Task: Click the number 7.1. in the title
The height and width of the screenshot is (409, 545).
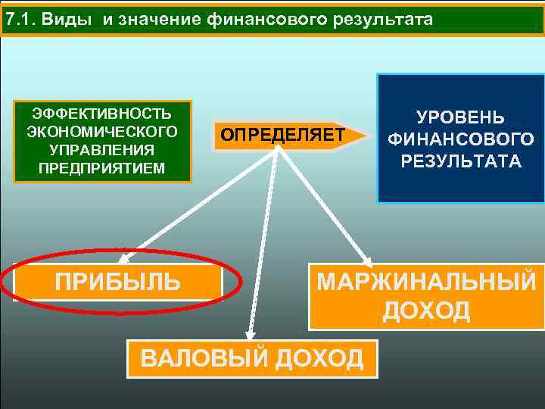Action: click(20, 19)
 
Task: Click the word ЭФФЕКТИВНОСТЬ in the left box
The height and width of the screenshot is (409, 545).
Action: click(101, 114)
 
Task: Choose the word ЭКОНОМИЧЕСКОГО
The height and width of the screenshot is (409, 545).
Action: click(101, 131)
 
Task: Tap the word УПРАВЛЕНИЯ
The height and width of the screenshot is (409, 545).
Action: click(101, 149)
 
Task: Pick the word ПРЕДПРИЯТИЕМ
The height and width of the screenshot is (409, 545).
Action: click(101, 167)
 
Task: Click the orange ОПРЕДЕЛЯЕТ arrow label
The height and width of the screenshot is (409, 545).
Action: click(282, 135)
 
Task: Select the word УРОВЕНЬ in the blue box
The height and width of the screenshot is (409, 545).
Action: click(460, 119)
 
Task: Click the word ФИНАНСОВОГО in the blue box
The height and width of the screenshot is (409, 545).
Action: click(460, 140)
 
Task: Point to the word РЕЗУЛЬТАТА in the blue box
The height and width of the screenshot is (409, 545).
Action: click(460, 161)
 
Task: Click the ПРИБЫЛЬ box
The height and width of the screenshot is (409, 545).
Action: click(118, 283)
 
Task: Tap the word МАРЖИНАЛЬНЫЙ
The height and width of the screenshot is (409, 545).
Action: click(425, 283)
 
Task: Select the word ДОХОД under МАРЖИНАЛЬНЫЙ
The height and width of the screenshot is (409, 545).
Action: click(426, 311)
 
